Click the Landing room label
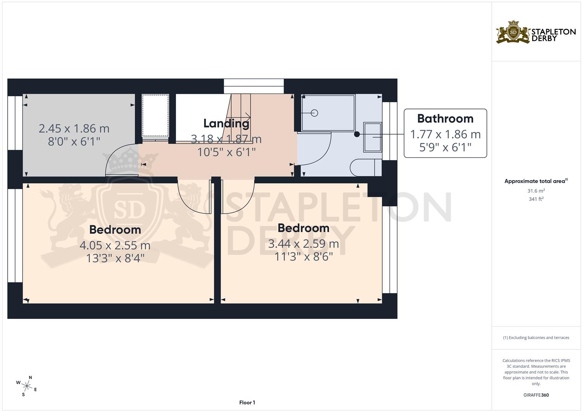(226, 123)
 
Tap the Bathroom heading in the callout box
(445, 119)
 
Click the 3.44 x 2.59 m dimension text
(304, 243)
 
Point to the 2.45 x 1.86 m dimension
(74, 129)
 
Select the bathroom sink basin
(372, 137)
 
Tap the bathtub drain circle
(315, 113)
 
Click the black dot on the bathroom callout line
(357, 134)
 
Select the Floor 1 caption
(247, 402)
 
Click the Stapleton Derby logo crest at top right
(513, 32)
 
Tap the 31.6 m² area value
(536, 191)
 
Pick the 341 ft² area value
(536, 199)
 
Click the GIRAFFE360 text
(536, 395)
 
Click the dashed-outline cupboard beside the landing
(155, 115)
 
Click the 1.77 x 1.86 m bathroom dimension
(445, 134)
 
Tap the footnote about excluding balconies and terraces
(536, 338)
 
